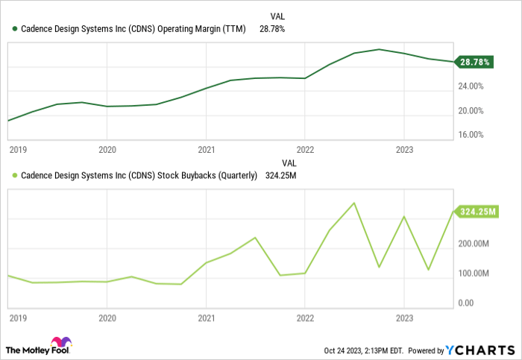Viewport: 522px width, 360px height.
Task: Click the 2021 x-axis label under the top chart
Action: click(207, 149)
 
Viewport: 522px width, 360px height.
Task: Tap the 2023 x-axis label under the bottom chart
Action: click(403, 318)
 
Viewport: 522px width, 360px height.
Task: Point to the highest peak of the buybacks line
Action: click(354, 203)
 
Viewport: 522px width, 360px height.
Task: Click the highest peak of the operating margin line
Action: click(379, 49)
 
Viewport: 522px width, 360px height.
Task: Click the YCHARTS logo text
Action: click(480, 350)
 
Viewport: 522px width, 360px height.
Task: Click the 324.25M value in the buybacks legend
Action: click(282, 176)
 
